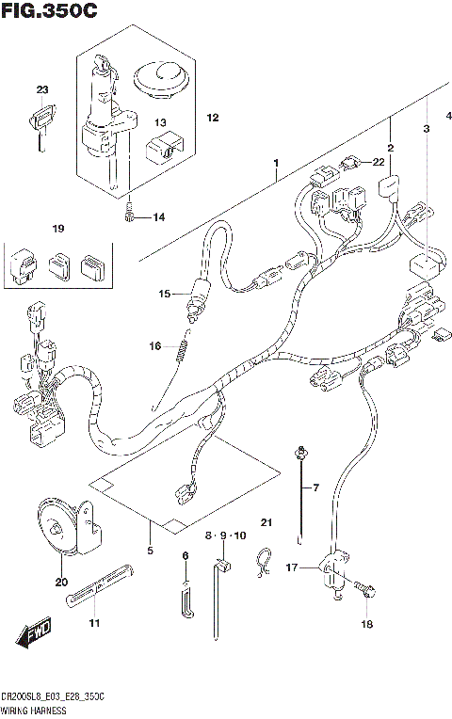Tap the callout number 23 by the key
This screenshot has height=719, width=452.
click(x=41, y=90)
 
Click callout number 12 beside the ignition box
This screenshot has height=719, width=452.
click(x=212, y=118)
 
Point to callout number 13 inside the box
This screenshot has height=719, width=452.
click(x=161, y=122)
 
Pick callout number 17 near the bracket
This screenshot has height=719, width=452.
click(x=293, y=567)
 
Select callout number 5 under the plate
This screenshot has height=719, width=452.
click(x=149, y=550)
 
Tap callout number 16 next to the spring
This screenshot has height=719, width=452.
click(x=155, y=345)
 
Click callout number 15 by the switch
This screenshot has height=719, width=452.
click(x=164, y=295)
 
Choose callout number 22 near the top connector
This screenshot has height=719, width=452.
click(x=379, y=162)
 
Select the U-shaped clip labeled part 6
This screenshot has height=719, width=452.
click(x=187, y=599)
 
